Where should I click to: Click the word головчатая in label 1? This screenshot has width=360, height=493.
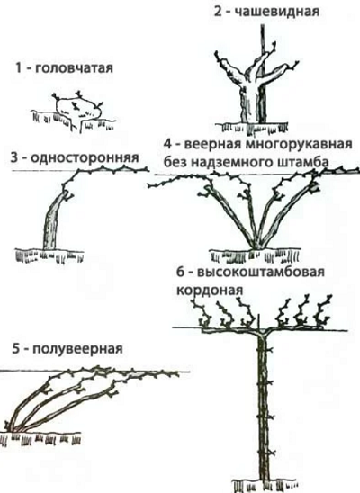[x=73, y=67]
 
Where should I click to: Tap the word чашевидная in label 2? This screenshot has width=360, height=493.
[x=277, y=12]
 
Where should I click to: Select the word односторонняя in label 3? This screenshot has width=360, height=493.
[x=84, y=157]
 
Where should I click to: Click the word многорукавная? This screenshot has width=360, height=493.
[x=297, y=145]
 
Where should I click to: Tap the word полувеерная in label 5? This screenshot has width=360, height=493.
[x=77, y=349]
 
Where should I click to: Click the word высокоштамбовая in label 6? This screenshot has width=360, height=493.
[x=261, y=273]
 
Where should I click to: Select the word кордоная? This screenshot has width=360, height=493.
[x=210, y=290]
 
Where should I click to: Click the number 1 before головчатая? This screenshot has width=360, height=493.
[x=19, y=67]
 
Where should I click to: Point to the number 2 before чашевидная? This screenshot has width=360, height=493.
[x=218, y=12]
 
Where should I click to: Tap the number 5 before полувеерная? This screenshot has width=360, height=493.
[x=15, y=349]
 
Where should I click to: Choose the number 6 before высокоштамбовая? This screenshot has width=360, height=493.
[x=181, y=273]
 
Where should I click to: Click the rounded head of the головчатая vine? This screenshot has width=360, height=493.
[x=78, y=108]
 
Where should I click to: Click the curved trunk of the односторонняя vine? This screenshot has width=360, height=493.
[x=53, y=220]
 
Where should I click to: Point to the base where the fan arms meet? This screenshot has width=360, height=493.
[x=257, y=246]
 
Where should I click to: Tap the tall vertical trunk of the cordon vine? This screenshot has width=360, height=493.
[x=263, y=408]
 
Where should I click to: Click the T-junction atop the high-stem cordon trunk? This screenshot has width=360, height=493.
[x=263, y=332]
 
